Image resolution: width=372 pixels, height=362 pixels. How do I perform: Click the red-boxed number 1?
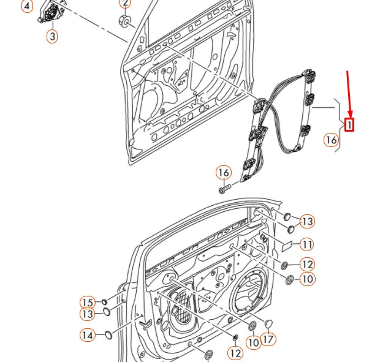point(349,124)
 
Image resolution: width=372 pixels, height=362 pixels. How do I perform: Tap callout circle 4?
point(26,7)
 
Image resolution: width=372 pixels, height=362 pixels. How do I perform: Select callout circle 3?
point(52,37)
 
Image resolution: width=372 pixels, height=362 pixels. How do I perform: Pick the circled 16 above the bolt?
point(224,173)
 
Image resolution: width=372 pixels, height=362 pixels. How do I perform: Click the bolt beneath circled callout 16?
point(224,187)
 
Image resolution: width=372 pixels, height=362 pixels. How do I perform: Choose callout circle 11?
point(306,244)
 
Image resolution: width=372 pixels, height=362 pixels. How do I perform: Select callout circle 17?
point(268,338)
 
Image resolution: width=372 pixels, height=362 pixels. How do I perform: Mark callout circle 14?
point(88,335)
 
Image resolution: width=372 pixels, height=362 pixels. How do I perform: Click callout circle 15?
point(88,302)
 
